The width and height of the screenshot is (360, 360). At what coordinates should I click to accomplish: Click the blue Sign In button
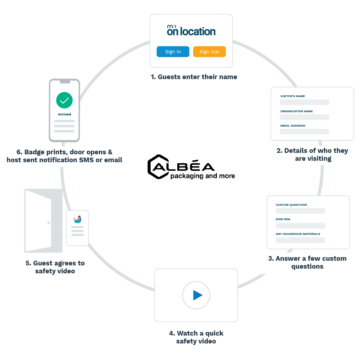173,52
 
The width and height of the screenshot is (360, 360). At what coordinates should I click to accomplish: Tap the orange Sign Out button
209,52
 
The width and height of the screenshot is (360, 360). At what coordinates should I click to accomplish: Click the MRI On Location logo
191,31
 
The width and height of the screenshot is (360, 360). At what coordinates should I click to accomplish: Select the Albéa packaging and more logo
191,167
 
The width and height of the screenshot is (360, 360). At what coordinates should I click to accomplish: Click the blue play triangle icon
197,295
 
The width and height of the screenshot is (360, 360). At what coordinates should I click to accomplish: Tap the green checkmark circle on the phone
64,100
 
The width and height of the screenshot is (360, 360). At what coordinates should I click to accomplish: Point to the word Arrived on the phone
64,114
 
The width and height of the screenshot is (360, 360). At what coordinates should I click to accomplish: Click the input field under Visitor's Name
304,102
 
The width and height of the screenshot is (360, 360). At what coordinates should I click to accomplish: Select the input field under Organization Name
304,117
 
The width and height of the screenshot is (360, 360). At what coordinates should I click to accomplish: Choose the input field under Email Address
304,132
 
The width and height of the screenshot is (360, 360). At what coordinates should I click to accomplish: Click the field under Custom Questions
300,211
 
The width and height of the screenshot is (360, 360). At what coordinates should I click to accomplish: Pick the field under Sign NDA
300,225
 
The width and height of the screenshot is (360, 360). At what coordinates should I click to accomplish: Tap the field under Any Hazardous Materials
300,240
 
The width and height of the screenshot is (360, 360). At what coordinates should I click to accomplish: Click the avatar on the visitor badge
77,219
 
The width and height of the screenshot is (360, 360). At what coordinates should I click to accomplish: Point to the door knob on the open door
49,223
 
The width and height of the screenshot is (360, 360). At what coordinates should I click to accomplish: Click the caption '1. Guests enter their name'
194,77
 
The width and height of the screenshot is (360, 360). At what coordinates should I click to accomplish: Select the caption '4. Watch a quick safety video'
196,337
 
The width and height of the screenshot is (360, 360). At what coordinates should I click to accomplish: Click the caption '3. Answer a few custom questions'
307,262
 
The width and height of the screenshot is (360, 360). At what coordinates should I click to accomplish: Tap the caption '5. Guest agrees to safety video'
55,267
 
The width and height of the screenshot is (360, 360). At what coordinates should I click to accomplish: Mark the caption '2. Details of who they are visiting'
312,154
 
